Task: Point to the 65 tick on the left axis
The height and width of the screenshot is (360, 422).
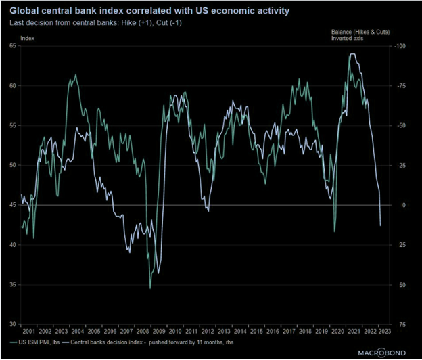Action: (x=13, y=45)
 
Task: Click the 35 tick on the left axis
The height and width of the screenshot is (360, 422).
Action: (x=13, y=284)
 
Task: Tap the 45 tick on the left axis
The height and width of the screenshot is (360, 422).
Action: (x=13, y=205)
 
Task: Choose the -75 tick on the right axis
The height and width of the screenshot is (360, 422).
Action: (x=400, y=85)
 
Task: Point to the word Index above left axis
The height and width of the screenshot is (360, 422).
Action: (x=29, y=39)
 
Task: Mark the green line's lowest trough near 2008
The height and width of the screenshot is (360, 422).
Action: (x=150, y=288)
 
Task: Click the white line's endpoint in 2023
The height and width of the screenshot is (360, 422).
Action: (x=381, y=225)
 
